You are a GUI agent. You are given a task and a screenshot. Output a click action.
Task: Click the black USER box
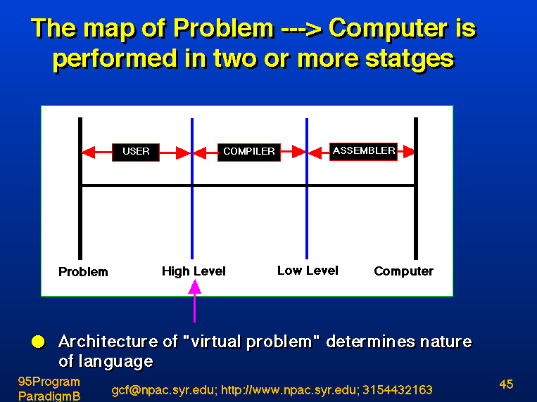tap(136, 153)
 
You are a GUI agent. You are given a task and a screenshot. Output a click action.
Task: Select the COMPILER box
tap(249, 153)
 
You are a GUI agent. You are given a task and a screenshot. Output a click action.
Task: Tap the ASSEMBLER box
tap(363, 151)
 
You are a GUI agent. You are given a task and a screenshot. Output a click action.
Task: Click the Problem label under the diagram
tap(83, 272)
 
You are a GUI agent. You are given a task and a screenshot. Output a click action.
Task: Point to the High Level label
tap(194, 271)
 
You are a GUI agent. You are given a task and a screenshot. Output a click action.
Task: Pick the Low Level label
tap(308, 271)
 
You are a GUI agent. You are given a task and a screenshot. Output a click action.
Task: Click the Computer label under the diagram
tap(403, 272)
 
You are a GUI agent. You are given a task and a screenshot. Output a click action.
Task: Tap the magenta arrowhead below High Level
tap(194, 287)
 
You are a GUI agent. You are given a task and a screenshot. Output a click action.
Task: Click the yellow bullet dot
tap(38, 342)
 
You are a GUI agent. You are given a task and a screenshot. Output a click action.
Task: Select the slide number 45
tap(506, 384)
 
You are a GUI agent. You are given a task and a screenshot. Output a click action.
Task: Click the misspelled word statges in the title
tap(410, 60)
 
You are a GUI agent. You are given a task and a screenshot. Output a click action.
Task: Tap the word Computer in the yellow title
tap(388, 29)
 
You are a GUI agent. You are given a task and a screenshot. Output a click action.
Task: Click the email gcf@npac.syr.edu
tap(164, 390)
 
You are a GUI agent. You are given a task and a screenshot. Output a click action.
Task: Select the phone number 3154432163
tap(397, 389)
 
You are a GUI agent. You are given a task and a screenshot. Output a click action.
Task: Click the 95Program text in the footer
tap(49, 382)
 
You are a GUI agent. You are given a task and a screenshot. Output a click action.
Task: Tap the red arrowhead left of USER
tap(89, 153)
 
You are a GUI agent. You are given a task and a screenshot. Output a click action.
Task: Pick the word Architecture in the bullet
tap(108, 342)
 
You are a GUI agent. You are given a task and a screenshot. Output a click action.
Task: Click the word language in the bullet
tap(115, 362)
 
